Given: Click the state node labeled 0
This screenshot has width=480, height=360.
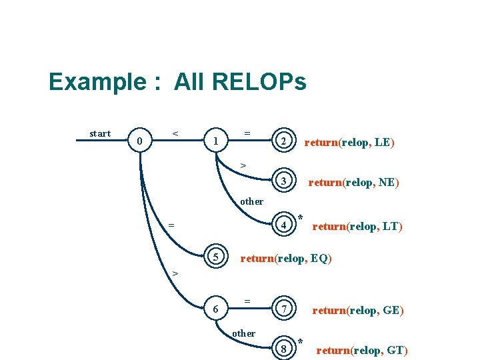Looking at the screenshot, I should (139, 141).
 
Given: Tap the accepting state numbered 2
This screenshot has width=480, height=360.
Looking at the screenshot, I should (284, 141).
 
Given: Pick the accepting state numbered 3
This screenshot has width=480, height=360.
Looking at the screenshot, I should (284, 182).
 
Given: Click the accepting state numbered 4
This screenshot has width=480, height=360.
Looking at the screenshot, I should (284, 225).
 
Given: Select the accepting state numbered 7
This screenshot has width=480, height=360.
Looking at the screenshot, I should (284, 310).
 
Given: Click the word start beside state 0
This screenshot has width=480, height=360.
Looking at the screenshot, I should (100, 133).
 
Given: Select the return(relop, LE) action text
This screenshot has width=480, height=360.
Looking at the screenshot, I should (349, 141).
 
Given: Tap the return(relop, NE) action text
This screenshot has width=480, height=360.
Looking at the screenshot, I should (353, 182).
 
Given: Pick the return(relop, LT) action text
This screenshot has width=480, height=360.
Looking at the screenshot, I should (357, 226).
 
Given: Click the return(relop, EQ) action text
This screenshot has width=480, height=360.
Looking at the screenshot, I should (285, 257).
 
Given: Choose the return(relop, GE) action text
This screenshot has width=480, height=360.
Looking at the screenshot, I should (358, 310).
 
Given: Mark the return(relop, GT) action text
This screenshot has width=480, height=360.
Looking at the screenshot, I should (361, 350).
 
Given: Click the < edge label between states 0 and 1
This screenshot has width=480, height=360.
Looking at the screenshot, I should (175, 133).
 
